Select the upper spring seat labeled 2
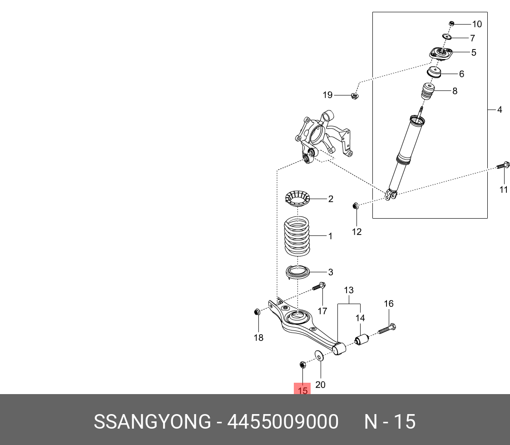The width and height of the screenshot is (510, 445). [x=297, y=199]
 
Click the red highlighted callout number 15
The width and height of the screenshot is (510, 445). [x=302, y=390]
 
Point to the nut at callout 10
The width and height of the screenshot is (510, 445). [x=451, y=24]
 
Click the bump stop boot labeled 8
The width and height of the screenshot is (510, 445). [x=427, y=93]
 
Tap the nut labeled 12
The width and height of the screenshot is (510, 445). [x=356, y=206]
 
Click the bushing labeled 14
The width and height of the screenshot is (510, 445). [x=361, y=340]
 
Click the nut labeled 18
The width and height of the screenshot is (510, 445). [x=257, y=312]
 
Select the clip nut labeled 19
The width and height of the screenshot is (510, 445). [x=356, y=95]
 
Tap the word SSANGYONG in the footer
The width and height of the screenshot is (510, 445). [x=152, y=422]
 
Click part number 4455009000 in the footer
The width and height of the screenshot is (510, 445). [x=282, y=422]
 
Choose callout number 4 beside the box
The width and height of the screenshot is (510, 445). [x=500, y=110]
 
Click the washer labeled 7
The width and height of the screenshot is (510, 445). [x=447, y=37]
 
